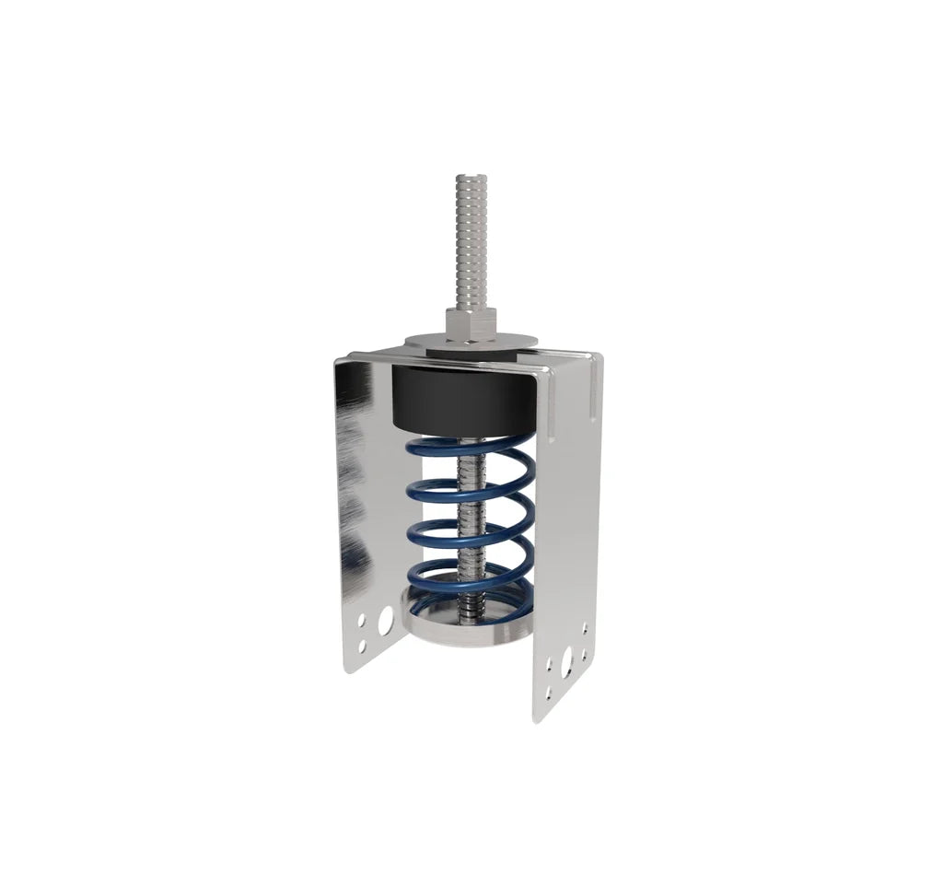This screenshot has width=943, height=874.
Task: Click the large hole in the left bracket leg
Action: click(x=386, y=621)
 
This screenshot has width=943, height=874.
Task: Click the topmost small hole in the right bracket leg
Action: click(x=584, y=630)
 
